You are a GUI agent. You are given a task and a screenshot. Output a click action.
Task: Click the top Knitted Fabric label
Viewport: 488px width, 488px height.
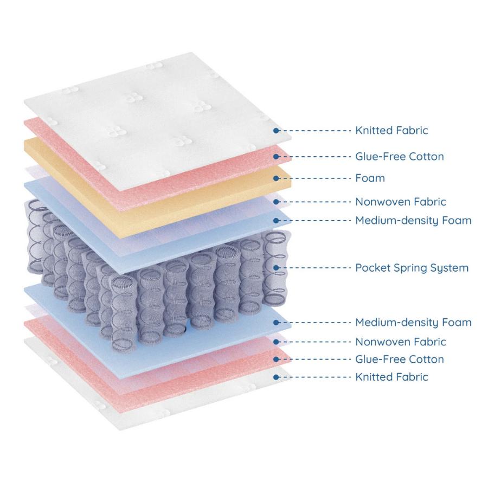click(x=391, y=130)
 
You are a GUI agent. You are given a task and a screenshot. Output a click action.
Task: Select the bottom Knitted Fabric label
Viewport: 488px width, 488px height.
click(x=391, y=377)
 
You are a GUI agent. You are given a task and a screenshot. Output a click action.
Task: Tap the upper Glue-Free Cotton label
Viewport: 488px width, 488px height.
click(x=400, y=156)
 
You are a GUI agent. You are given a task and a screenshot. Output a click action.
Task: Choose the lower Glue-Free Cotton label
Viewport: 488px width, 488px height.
click(x=400, y=359)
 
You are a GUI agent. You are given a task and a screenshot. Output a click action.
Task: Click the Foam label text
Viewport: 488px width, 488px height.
click(x=370, y=178)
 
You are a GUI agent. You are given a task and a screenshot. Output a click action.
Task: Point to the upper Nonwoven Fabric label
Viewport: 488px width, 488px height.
click(x=401, y=202)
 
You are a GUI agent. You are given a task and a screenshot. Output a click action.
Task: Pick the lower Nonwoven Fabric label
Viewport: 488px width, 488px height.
click(x=401, y=342)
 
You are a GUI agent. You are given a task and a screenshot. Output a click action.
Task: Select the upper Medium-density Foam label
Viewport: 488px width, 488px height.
click(x=413, y=221)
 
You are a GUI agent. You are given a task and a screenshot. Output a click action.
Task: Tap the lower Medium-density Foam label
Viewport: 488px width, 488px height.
click(x=413, y=323)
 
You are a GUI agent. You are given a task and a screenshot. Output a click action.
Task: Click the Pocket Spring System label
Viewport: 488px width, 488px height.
click(x=412, y=268)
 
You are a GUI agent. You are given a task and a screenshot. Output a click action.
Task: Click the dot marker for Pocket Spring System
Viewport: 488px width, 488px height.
click(x=276, y=268)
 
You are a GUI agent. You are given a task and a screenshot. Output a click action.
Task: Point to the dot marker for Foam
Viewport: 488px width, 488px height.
click(x=276, y=178)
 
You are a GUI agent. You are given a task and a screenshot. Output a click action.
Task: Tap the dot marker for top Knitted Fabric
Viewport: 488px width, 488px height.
click(x=276, y=131)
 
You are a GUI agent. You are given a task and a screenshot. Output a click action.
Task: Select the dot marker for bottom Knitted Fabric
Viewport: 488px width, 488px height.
click(x=276, y=377)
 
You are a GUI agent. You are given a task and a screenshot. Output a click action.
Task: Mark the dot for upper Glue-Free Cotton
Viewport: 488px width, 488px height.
click(x=276, y=157)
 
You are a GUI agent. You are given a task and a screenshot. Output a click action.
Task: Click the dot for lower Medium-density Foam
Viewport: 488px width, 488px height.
click(x=276, y=323)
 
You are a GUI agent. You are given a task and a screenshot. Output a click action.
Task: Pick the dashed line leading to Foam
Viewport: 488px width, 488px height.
click(x=314, y=178)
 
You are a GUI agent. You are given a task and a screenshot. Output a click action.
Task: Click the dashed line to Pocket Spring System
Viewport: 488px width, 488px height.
click(x=314, y=268)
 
